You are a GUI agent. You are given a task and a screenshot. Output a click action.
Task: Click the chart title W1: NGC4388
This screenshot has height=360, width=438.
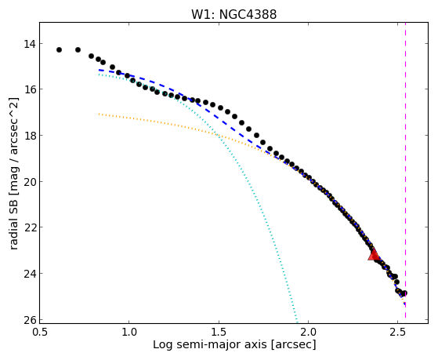pyautogui.click(x=233, y=14)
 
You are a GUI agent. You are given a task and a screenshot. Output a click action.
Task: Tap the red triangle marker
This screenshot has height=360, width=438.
pyautogui.click(x=374, y=255)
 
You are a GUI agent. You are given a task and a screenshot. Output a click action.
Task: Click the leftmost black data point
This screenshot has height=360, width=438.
pyautogui.click(x=59, y=49)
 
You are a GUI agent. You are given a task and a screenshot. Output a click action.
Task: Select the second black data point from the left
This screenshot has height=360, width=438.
pyautogui.click(x=78, y=49)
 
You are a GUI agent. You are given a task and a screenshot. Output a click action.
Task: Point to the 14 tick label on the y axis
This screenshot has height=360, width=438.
pyautogui.click(x=29, y=44)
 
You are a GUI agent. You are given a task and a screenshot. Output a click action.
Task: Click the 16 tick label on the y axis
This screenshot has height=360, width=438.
pyautogui.click(x=29, y=89)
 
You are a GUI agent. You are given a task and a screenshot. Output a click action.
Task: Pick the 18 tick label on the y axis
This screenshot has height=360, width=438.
pyautogui.click(x=29, y=136)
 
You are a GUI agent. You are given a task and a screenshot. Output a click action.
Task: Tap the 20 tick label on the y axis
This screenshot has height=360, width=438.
pyautogui.click(x=29, y=182)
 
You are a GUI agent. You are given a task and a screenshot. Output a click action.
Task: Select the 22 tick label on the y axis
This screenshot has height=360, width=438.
pyautogui.click(x=29, y=227)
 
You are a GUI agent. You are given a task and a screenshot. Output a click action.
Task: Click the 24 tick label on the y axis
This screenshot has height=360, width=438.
pyautogui.click(x=29, y=274)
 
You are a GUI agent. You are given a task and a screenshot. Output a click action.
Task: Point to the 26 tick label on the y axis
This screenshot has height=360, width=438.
pyautogui.click(x=29, y=320)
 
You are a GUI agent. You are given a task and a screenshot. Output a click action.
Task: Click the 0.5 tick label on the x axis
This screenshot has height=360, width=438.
pyautogui.click(x=40, y=332)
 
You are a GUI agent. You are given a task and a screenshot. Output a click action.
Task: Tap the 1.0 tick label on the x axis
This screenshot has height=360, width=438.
pyautogui.click(x=129, y=332)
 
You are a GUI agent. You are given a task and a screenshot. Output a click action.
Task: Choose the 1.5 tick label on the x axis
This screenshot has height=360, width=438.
pyautogui.click(x=219, y=332)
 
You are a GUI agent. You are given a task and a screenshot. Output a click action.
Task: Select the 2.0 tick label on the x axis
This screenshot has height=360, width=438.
pyautogui.click(x=308, y=332)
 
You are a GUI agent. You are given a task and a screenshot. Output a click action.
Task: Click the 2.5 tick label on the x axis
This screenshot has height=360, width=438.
pyautogui.click(x=397, y=332)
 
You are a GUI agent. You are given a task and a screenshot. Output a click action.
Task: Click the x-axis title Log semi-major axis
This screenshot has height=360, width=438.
pyautogui.click(x=210, y=345)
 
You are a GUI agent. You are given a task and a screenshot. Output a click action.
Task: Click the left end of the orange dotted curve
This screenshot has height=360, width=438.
pyautogui.click(x=99, y=114)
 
